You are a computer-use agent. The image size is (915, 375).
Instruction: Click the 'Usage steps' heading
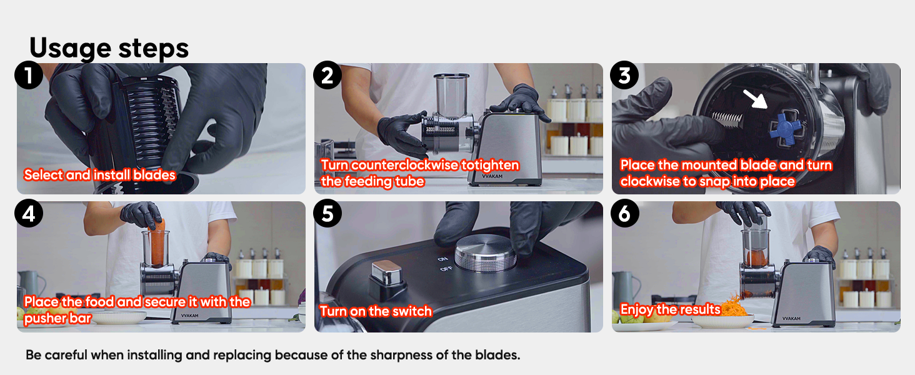[109, 48]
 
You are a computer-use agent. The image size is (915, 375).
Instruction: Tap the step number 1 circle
[29, 76]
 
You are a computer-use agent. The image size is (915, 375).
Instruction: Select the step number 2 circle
[327, 76]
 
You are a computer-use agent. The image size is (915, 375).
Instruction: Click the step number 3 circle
[624, 76]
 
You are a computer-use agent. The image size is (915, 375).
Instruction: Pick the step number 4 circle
[29, 214]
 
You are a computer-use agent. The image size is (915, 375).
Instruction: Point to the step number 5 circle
[327, 214]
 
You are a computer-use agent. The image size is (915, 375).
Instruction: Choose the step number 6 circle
[624, 214]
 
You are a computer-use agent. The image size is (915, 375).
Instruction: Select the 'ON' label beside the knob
[443, 258]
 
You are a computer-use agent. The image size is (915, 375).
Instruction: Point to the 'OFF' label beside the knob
[446, 269]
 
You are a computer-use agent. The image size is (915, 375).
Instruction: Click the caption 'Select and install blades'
[100, 175]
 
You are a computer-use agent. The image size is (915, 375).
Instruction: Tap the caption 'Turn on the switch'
[376, 311]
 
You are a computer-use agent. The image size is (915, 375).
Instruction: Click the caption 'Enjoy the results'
[670, 310]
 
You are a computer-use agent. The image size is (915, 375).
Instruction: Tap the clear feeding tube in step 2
[451, 94]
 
